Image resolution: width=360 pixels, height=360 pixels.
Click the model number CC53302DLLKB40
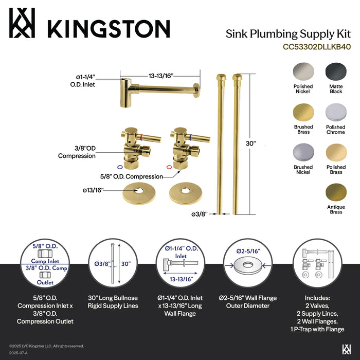click(x=316, y=47)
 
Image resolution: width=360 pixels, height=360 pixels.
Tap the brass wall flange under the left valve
click(x=137, y=192)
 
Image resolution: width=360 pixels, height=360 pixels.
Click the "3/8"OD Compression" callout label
click(x=77, y=152)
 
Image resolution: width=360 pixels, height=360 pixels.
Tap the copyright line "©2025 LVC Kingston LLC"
click(x=46, y=346)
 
